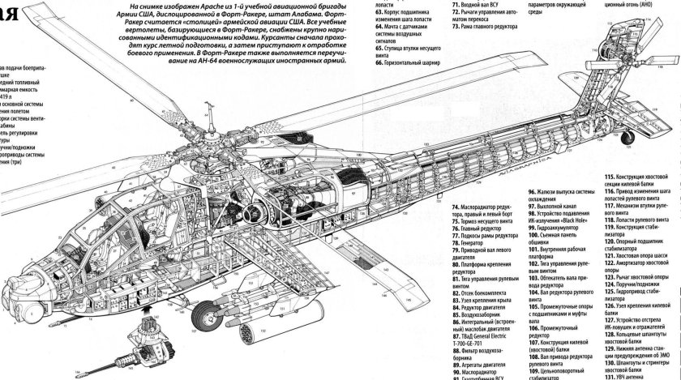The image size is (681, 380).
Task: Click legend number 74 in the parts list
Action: click(455, 207)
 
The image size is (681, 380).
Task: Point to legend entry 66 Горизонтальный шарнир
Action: click(413, 83)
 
